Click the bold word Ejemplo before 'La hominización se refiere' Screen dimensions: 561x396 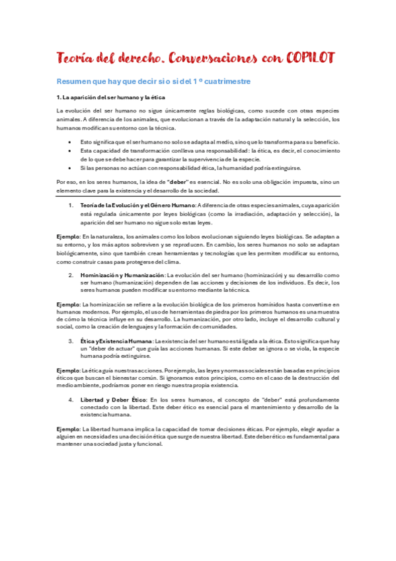coord(68,304)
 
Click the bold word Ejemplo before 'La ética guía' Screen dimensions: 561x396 coord(68,370)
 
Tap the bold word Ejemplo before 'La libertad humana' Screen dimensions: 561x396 coord(68,429)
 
